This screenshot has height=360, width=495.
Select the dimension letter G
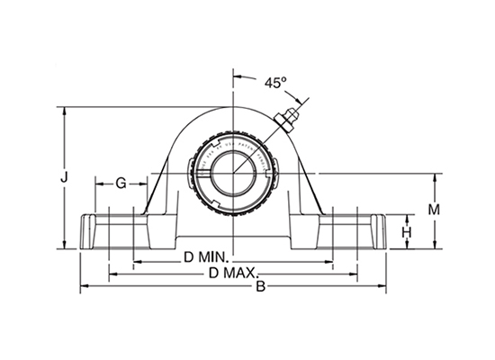[121, 184]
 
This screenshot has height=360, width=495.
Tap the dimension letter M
[433, 209]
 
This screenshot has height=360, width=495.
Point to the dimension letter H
[407, 231]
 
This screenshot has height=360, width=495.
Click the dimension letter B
[261, 287]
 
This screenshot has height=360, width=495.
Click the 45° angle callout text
[274, 82]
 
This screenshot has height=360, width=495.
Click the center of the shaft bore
[234, 170]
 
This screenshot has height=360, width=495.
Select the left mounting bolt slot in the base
[113, 229]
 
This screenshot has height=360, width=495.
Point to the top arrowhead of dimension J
[64, 112]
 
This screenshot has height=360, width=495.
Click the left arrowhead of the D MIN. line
[136, 260]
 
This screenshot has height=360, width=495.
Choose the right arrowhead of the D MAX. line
[357, 274]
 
